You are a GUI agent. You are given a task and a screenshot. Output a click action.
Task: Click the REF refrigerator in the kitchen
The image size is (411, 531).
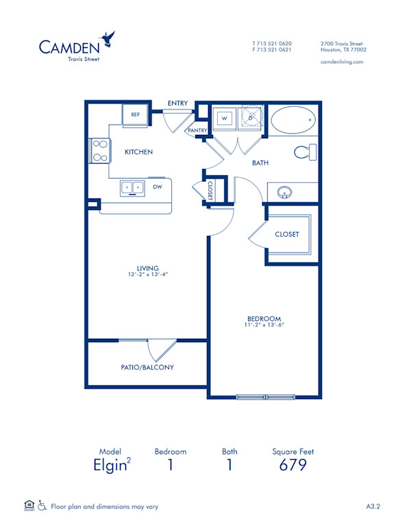135,115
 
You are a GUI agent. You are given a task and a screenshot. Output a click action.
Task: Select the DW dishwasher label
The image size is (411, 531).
158,186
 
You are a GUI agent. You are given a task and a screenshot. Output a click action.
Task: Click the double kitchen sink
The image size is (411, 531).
132,187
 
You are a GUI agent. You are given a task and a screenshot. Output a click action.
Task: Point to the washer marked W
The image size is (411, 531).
224,118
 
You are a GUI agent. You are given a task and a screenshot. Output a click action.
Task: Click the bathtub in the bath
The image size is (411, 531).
293,122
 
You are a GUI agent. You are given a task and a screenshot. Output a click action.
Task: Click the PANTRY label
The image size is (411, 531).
197,130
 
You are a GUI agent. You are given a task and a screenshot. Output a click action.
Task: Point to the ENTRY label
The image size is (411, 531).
177,103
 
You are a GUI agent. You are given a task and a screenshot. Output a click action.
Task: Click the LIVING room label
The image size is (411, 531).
147,268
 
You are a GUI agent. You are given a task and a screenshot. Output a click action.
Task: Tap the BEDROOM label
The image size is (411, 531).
264,318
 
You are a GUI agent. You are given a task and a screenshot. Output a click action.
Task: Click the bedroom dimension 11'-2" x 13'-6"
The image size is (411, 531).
264,325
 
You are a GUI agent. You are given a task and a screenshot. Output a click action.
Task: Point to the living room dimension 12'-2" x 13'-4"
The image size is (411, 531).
147,274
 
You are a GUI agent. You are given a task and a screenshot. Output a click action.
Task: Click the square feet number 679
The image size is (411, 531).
292,466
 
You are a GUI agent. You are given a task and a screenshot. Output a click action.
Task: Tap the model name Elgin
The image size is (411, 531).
109,466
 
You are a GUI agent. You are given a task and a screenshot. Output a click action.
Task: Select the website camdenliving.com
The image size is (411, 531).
341,62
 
